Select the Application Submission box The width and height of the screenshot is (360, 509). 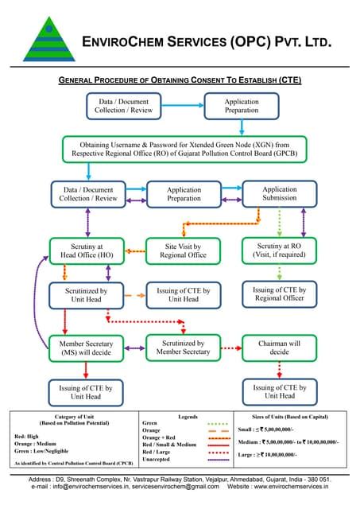coord(279,194)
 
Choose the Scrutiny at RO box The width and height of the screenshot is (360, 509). coord(279,251)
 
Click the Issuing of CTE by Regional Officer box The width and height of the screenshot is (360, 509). coord(279,294)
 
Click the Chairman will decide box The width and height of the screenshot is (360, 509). coord(279,347)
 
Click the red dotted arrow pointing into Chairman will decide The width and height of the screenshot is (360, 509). coord(230,348)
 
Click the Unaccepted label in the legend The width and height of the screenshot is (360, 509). coord(156,460)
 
